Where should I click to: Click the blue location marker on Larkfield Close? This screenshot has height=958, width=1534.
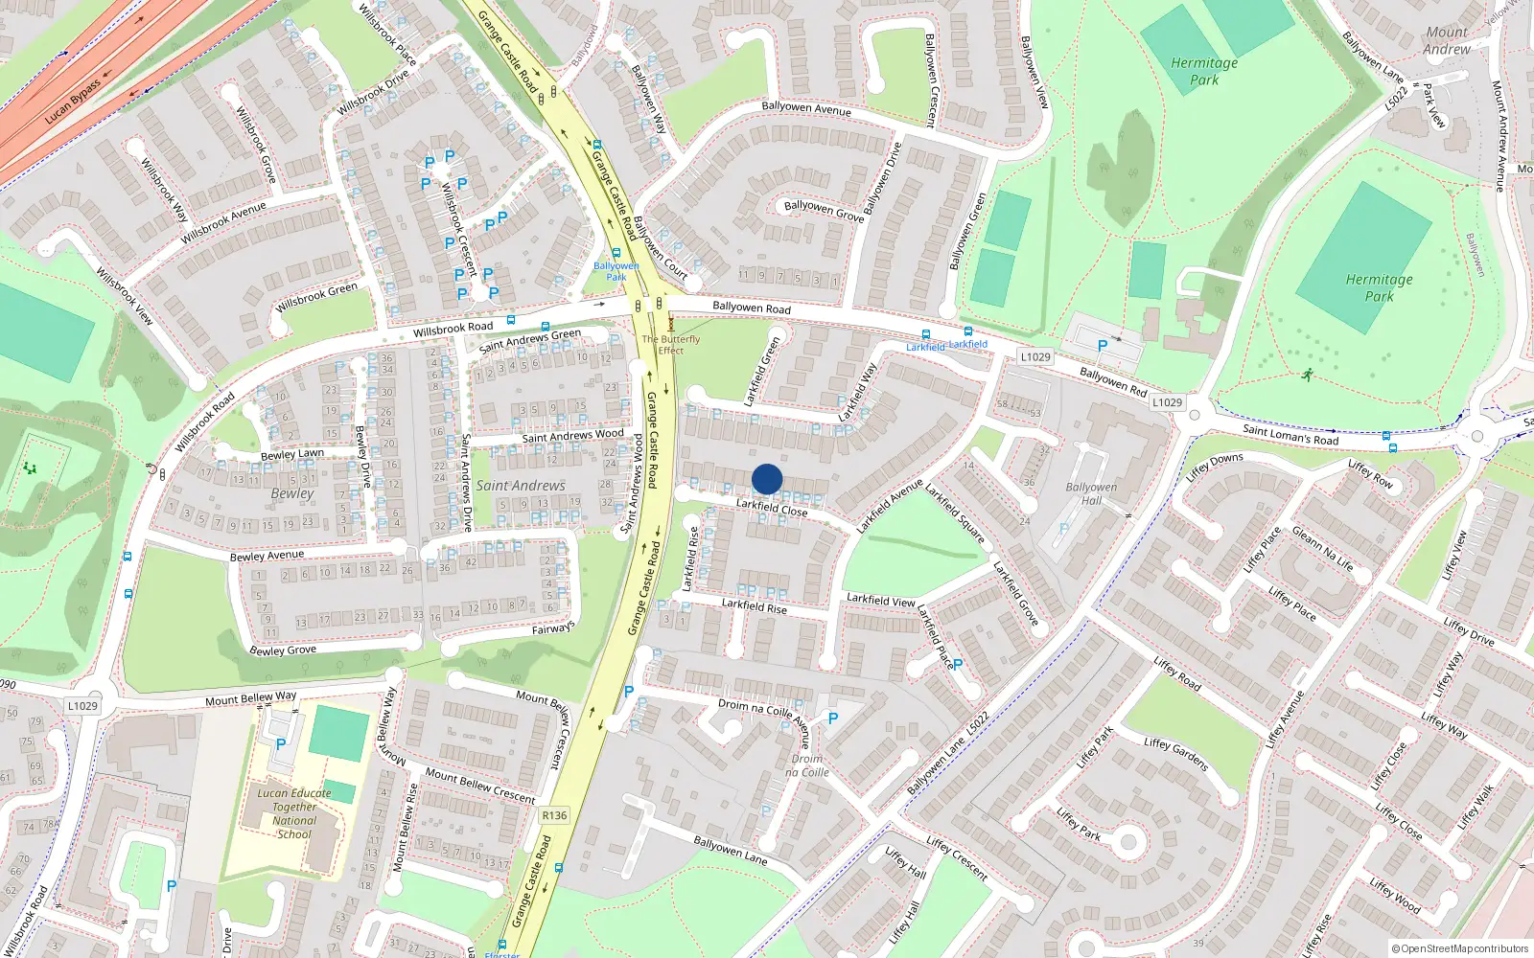(x=767, y=479)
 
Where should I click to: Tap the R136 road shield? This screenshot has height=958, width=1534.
(x=554, y=815)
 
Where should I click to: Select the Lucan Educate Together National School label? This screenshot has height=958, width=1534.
(x=294, y=813)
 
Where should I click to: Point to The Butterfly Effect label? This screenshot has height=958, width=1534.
(x=671, y=345)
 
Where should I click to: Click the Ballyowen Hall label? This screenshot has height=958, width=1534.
(x=1091, y=493)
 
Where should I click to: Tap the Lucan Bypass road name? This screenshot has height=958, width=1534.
(x=73, y=102)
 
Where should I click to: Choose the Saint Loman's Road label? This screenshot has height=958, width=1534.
(x=1290, y=434)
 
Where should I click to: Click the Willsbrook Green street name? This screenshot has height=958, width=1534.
(x=316, y=297)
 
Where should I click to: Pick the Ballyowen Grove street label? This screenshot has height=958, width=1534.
(x=824, y=211)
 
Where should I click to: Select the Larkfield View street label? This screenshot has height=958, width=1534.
(x=880, y=600)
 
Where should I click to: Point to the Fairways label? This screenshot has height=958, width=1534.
(x=553, y=628)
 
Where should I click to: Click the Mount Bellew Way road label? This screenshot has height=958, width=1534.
(x=250, y=698)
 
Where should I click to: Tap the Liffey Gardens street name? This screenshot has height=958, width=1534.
(x=1175, y=755)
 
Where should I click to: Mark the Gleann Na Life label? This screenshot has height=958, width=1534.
(x=1322, y=549)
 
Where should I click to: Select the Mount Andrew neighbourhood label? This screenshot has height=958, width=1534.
(x=1446, y=40)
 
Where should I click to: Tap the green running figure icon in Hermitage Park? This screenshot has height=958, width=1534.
(x=1307, y=375)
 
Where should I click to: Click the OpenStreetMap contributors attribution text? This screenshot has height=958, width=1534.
(x=1460, y=948)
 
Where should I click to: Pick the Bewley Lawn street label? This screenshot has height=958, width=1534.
(x=292, y=454)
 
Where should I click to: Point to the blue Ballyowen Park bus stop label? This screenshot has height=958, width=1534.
(x=616, y=271)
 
